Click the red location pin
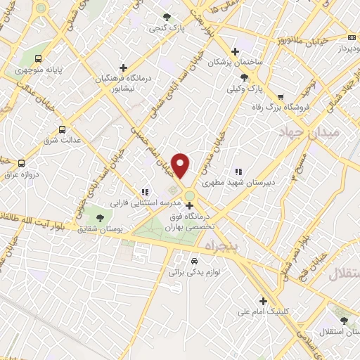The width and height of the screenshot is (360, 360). [x=181, y=165]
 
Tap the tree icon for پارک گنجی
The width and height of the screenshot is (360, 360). [x=167, y=18]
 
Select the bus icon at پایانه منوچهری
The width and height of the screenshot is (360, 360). [x=37, y=59]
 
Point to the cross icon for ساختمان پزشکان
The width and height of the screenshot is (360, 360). [x=236, y=51]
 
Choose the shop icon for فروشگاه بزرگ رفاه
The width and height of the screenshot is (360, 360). [x=281, y=97]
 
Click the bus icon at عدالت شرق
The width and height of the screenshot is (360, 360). [x=62, y=129]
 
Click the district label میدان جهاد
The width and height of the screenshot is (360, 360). [x=309, y=132]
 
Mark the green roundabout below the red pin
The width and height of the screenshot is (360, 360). [x=190, y=195]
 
